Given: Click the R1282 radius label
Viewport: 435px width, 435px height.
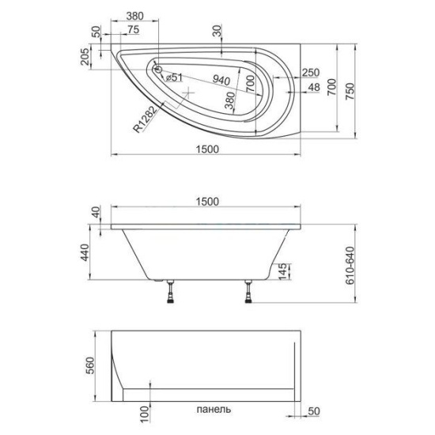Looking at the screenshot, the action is click(x=146, y=119).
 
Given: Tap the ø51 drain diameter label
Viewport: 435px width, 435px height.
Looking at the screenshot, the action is click(x=175, y=78).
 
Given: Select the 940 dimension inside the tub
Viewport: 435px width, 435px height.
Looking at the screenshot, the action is click(x=221, y=80).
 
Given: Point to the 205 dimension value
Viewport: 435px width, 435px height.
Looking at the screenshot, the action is click(x=85, y=57).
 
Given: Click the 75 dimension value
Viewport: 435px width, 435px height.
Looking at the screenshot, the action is click(x=133, y=29).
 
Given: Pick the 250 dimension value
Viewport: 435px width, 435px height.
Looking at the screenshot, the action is click(x=311, y=73).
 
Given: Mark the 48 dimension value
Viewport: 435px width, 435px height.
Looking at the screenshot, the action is click(x=314, y=87).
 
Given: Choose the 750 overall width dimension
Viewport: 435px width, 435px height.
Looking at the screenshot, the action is click(x=350, y=92).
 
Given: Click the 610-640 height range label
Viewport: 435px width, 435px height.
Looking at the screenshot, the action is click(x=350, y=265).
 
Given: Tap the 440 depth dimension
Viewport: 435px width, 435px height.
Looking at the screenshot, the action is click(x=85, y=252).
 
